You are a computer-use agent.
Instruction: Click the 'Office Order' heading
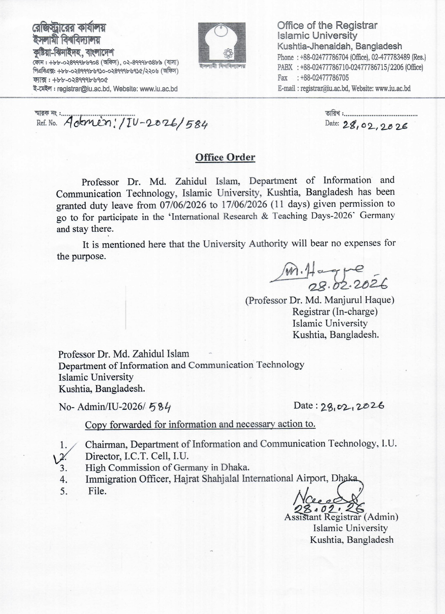pos(225,157)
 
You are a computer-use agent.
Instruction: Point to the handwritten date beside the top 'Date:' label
pos(375,125)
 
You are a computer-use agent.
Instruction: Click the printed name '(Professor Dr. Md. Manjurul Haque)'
pos(320,300)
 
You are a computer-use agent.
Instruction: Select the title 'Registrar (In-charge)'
pos(335,312)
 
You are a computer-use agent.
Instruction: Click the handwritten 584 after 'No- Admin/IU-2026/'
pos(160,407)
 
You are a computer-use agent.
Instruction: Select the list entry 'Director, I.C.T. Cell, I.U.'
pos(137,456)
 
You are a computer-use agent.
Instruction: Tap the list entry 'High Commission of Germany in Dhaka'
pos(167,467)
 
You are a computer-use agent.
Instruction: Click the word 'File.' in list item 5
pos(97,491)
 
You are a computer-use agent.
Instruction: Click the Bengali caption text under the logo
pos(222,66)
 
